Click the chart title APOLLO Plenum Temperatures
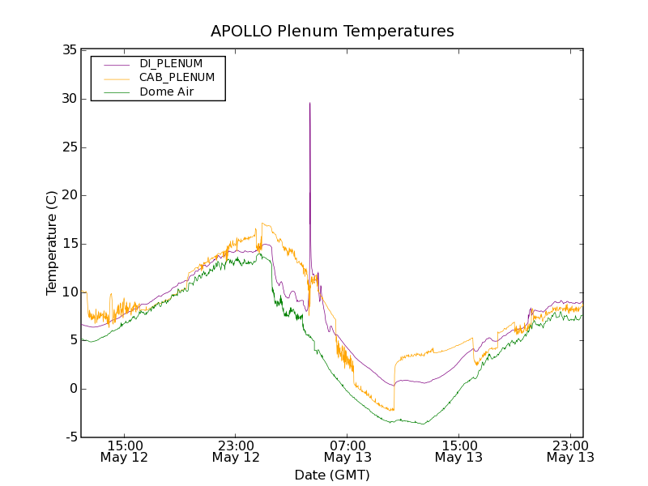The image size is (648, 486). point(332,32)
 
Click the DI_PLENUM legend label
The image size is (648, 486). point(171,63)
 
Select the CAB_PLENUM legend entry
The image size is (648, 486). point(177,78)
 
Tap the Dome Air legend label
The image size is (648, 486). point(167,92)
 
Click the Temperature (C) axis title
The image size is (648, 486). point(52,243)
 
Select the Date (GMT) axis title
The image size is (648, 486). point(332,475)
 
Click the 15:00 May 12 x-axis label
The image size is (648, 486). point(125,451)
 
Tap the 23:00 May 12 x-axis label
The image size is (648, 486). point(236,451)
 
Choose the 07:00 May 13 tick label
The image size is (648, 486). point(347,451)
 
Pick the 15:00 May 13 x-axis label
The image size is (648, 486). point(458,451)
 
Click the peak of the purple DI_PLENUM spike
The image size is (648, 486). point(309,103)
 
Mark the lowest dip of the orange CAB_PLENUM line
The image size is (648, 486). point(393,411)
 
